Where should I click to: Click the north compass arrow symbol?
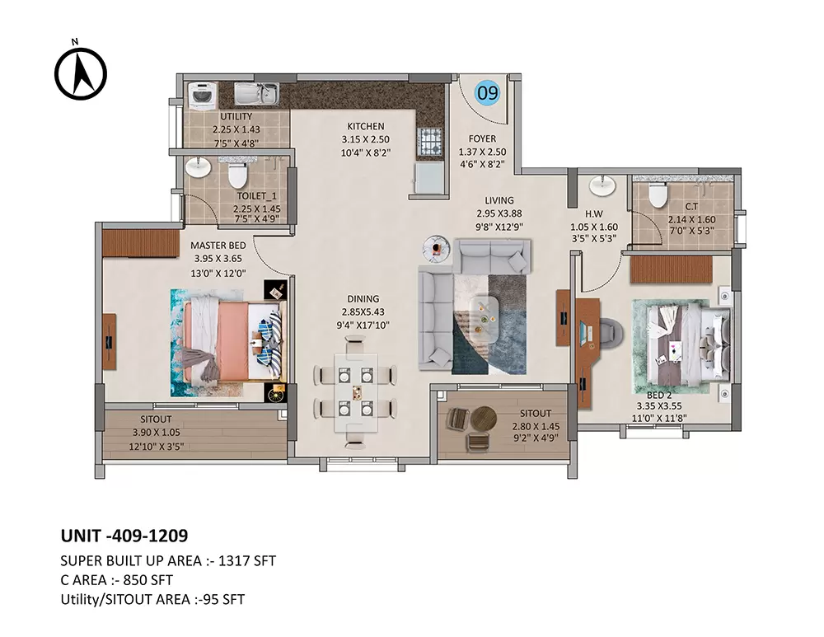(x=81, y=72)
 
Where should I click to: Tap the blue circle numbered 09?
(x=488, y=93)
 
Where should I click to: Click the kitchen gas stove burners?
(x=430, y=141)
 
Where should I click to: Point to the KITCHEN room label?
(x=365, y=126)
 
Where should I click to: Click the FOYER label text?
(x=482, y=138)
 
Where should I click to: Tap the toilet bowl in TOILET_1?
(x=237, y=174)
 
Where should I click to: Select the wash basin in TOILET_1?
(x=198, y=169)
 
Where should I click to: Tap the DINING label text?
(x=363, y=298)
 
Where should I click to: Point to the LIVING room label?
(x=499, y=200)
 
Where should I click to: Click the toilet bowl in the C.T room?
(x=658, y=195)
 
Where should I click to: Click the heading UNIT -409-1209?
(x=124, y=536)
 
